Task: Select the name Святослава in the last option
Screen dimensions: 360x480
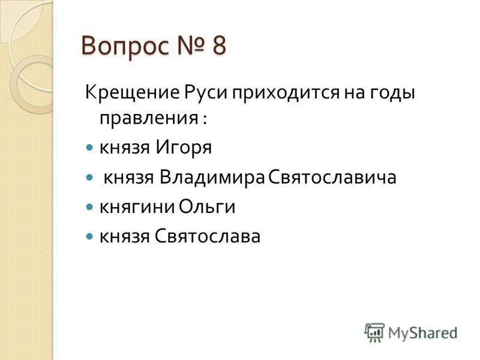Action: [x=208, y=236]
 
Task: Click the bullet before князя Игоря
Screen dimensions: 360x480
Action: [x=90, y=147]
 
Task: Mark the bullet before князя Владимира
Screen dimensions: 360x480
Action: [x=90, y=177]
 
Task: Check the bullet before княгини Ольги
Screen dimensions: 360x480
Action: [x=90, y=206]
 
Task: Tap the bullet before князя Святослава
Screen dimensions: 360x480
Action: [x=90, y=236]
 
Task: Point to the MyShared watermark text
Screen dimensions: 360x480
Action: [x=421, y=331]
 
